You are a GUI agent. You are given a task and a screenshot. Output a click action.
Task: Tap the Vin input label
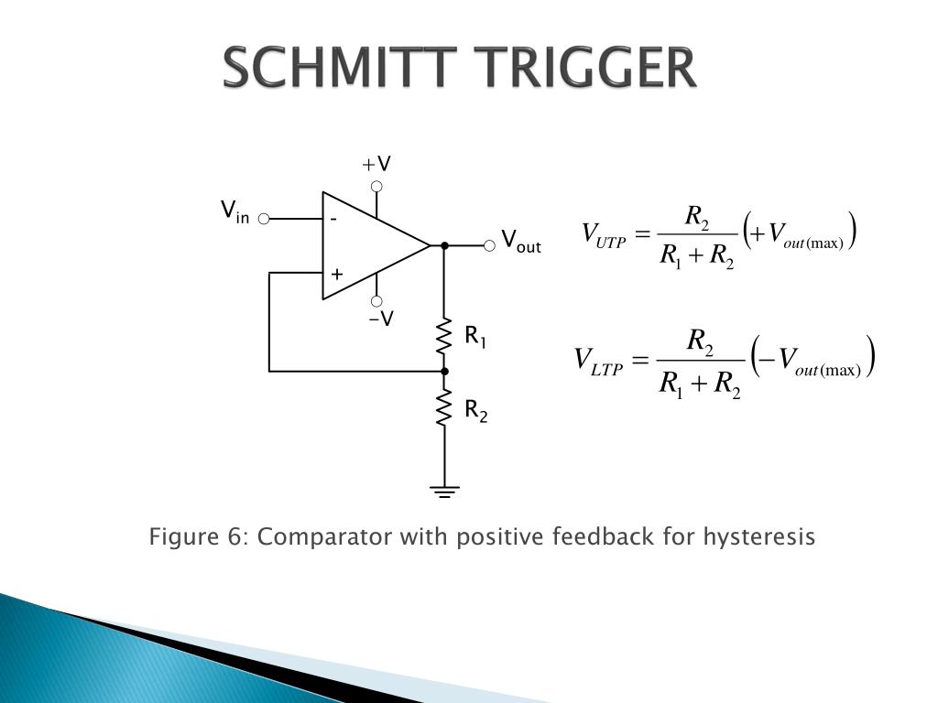click(234, 212)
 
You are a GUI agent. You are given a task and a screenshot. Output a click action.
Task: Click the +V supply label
click(376, 165)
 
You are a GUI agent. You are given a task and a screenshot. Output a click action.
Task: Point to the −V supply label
click(381, 319)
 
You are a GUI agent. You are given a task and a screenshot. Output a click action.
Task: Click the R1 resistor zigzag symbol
click(445, 336)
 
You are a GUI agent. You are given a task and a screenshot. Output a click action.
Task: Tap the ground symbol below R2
click(445, 491)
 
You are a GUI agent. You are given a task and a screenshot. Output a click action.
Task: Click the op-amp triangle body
click(366, 245)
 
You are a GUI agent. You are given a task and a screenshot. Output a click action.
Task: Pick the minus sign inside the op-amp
click(333, 220)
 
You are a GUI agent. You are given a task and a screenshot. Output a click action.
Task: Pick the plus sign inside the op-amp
click(336, 274)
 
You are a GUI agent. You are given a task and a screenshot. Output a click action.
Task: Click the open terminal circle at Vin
click(264, 219)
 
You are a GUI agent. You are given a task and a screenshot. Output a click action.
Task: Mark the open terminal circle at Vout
click(490, 245)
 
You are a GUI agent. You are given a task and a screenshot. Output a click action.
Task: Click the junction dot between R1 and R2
click(445, 371)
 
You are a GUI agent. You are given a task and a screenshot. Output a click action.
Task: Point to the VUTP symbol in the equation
click(604, 235)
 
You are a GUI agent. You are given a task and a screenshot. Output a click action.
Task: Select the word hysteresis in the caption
click(758, 536)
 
